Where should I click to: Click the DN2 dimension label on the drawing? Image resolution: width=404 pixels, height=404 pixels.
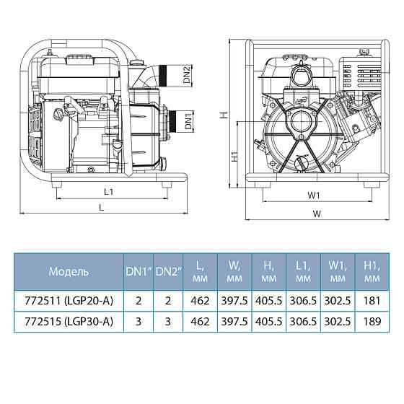[186, 75]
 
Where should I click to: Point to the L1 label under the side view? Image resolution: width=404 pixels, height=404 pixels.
[107, 192]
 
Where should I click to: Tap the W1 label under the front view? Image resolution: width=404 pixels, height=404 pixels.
[313, 195]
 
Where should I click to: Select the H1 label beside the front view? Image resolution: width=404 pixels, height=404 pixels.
[234, 157]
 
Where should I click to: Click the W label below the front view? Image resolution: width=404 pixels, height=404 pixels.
[316, 214]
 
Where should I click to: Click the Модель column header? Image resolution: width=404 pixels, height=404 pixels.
[69, 272]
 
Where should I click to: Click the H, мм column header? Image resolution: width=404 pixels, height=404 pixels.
[268, 272]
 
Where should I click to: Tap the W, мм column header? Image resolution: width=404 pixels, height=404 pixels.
[234, 272]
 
